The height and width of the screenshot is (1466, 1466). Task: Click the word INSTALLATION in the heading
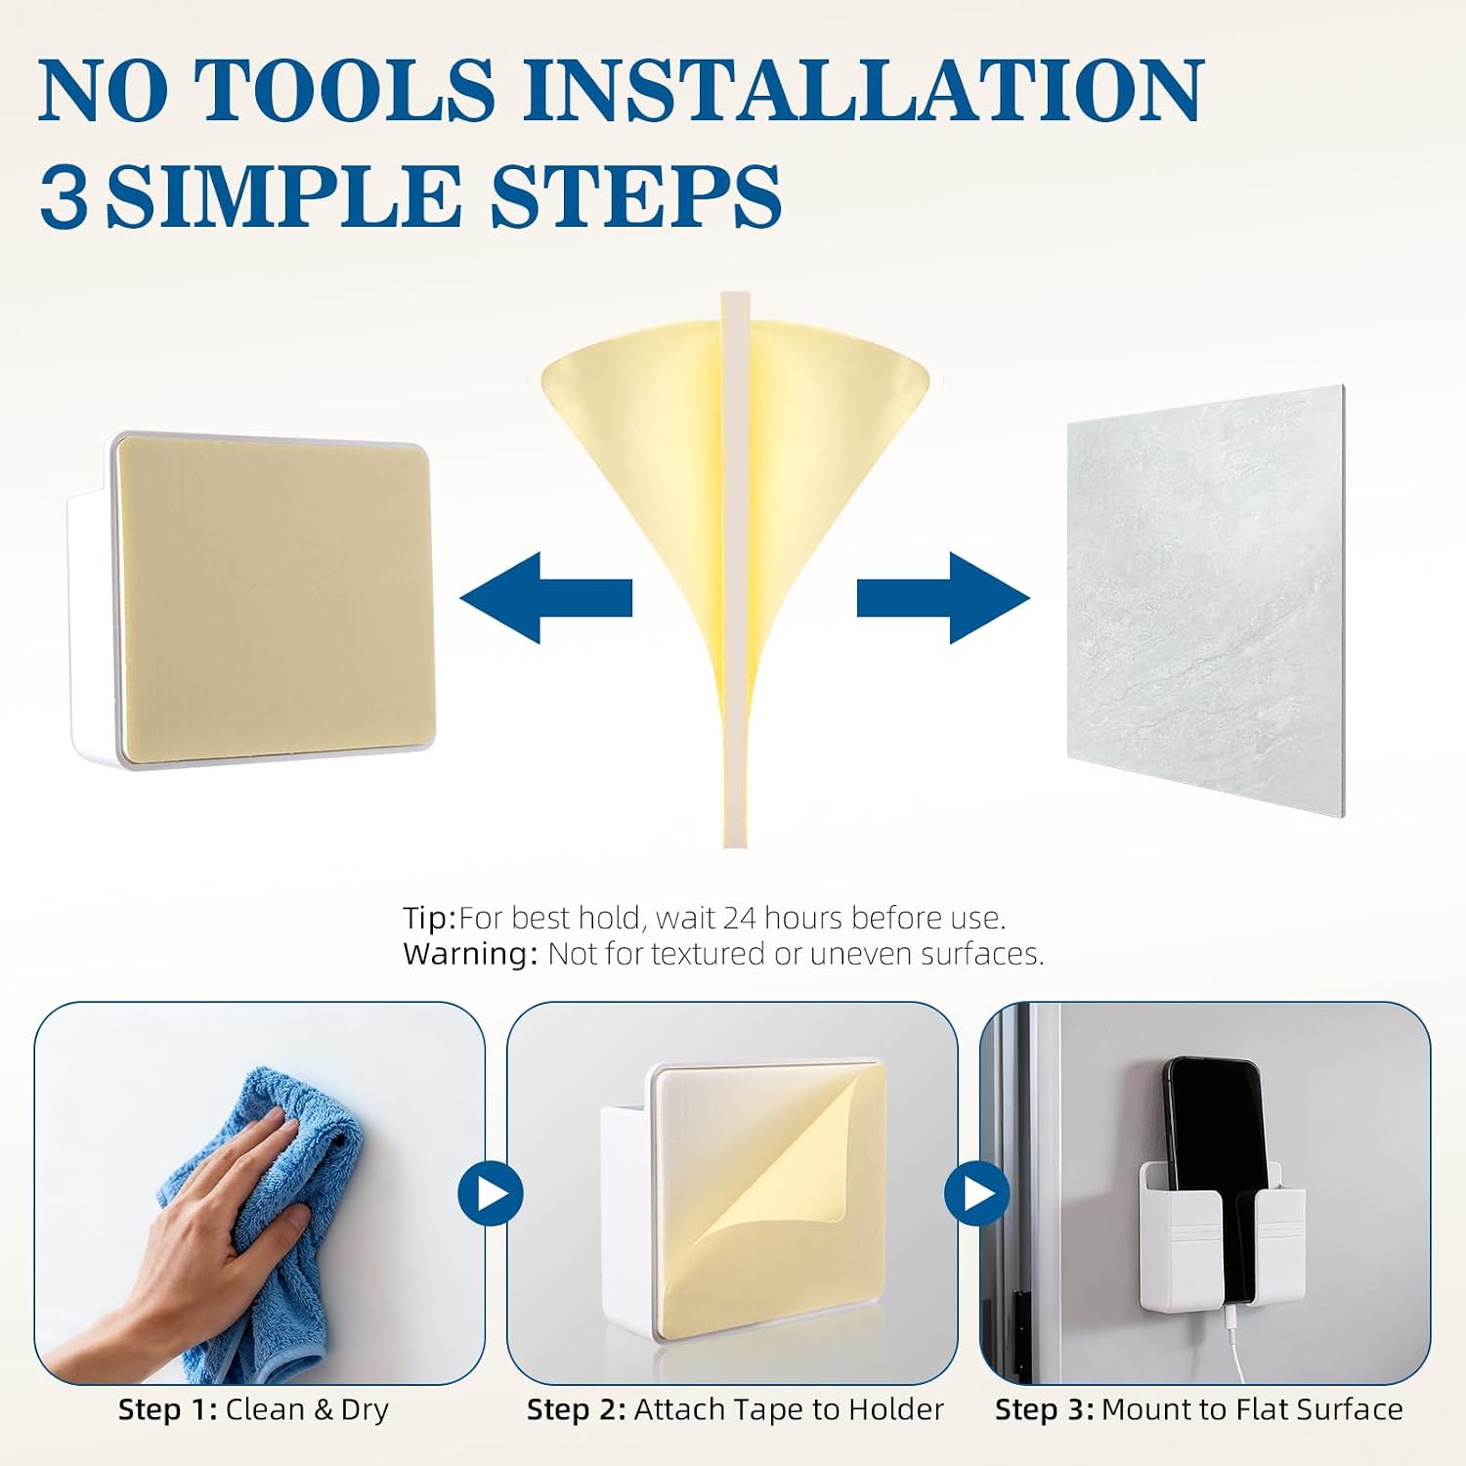pos(862,90)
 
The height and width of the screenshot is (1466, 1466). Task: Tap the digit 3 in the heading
pos(65,195)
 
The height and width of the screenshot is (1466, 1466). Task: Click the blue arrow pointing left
pos(546,597)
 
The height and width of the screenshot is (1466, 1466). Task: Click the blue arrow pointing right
pos(943,597)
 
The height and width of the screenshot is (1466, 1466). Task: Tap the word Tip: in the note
pos(430,918)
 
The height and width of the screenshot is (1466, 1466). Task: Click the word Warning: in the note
pos(470,953)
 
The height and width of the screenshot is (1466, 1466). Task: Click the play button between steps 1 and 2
pos(492,1193)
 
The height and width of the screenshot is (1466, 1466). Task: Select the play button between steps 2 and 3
pos(976,1193)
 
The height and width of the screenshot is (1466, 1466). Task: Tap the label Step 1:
pos(167,1409)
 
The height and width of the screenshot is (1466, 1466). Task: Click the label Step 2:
pos(577,1409)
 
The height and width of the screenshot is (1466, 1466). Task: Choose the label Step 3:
pos(1045,1409)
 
